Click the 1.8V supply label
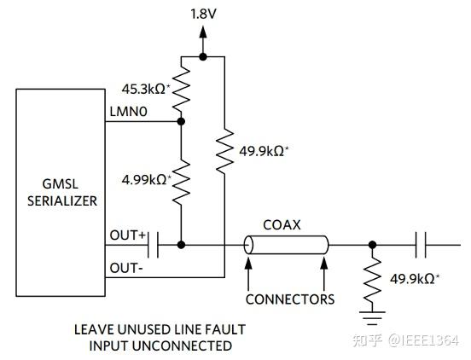click(x=203, y=14)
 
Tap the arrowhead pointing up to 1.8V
click(x=203, y=32)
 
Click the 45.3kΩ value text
click(x=146, y=89)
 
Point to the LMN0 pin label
click(x=129, y=112)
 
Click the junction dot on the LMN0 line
click(x=181, y=122)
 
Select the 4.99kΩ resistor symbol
click(x=181, y=183)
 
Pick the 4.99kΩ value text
click(x=146, y=180)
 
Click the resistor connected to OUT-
click(x=224, y=151)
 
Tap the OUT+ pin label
click(x=128, y=235)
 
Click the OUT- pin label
click(x=126, y=268)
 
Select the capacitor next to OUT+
click(x=154, y=245)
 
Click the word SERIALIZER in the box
click(x=62, y=200)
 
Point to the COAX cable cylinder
click(x=286, y=245)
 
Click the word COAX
click(x=282, y=225)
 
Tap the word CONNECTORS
click(x=290, y=299)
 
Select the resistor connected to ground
click(x=372, y=280)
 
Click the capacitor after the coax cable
click(x=421, y=245)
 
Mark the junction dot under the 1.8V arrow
click(x=203, y=56)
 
